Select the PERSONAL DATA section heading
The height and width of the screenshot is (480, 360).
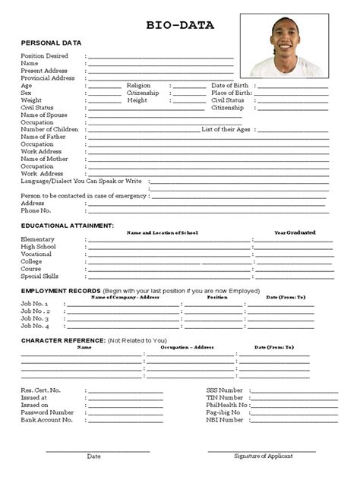(x=51, y=43)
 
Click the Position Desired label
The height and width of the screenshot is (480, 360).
(x=45, y=56)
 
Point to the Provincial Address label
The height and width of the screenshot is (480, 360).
(x=48, y=78)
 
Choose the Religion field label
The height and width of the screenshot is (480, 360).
(x=139, y=86)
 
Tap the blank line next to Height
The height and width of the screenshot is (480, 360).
(x=188, y=100)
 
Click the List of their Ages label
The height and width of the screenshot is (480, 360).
(x=226, y=129)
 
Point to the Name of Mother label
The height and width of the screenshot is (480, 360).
(x=44, y=159)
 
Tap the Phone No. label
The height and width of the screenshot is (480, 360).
(x=36, y=210)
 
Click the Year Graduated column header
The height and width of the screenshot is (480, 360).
(x=295, y=232)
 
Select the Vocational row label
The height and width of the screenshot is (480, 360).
(x=36, y=254)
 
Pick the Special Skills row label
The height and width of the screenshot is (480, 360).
(x=39, y=276)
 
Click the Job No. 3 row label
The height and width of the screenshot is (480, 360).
(x=35, y=319)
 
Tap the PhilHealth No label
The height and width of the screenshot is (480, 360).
(x=227, y=405)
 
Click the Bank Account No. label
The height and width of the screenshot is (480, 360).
(x=46, y=419)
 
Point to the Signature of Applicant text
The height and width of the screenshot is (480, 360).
(x=263, y=456)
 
